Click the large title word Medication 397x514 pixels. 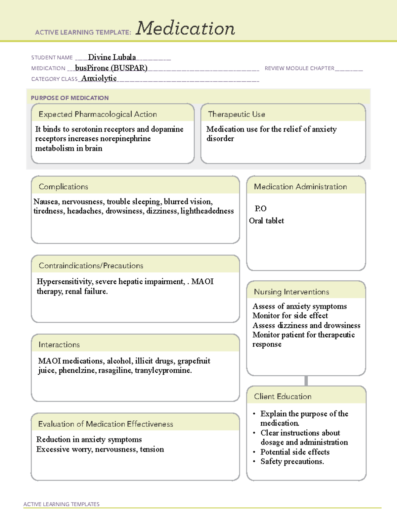point(185,28)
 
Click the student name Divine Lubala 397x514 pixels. point(112,57)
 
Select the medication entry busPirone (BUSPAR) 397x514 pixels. point(111,68)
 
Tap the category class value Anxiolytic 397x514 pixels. point(99,78)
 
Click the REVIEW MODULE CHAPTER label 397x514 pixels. point(299,68)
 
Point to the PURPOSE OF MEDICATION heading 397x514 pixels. point(69,98)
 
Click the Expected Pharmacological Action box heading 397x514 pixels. point(98,114)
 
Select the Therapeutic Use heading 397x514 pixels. point(237,114)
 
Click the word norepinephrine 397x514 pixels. point(125,139)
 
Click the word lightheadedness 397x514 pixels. point(207,211)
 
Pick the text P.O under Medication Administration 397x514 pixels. point(260,209)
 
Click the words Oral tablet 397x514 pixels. point(266,221)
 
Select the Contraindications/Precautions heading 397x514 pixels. point(91,266)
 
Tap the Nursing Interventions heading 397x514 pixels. point(291,292)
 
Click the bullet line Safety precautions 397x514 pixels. point(292,461)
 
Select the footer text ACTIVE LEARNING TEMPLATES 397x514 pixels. point(61,504)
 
